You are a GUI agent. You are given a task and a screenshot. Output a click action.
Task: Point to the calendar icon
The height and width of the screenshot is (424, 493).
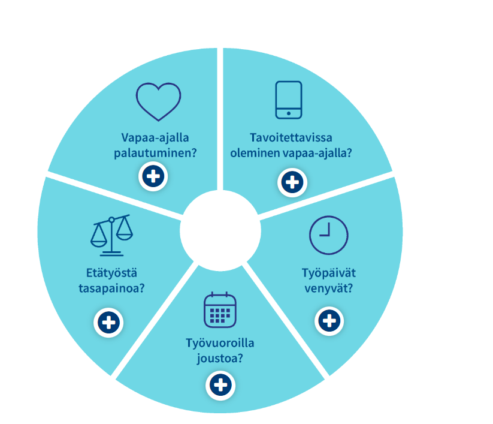(220, 310)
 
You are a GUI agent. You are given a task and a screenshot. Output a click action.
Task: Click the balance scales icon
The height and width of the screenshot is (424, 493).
(111, 235)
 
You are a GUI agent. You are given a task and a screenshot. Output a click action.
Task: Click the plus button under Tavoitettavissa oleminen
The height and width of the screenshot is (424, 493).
(292, 182)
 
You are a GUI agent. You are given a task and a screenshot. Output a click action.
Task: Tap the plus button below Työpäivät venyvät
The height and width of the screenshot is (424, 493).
(329, 321)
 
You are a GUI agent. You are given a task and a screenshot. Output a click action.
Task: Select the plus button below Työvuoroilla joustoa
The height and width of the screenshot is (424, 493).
(220, 385)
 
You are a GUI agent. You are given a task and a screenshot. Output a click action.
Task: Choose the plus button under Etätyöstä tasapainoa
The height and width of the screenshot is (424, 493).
(108, 323)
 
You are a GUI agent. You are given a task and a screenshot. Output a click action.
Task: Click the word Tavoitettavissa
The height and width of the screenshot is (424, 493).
(291, 138)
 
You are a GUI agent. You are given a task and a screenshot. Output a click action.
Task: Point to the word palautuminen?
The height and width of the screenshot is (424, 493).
(155, 154)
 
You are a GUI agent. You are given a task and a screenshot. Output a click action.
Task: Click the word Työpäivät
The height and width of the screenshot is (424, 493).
(329, 273)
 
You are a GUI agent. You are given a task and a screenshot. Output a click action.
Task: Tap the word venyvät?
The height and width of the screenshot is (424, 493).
(329, 288)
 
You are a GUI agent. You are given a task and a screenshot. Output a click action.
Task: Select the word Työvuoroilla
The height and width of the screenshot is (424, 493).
(220, 343)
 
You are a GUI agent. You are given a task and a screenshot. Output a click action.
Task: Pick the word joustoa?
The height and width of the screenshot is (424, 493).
(220, 359)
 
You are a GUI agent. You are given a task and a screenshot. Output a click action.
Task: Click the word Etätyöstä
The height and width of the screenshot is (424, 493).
(111, 273)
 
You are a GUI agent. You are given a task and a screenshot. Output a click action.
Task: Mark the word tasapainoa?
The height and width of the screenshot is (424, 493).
(111, 288)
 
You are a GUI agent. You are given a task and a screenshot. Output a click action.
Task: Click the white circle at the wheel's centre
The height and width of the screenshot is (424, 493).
(220, 231)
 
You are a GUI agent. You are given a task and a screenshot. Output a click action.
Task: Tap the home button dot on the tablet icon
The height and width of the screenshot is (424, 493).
(289, 113)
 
